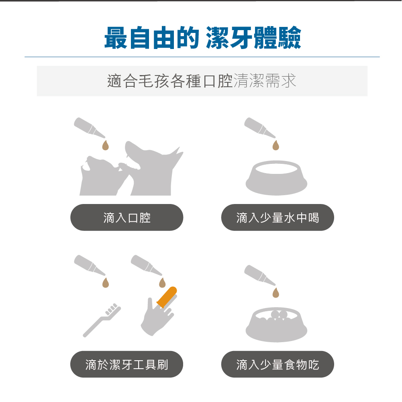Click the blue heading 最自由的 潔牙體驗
pyautogui.click(x=202, y=38)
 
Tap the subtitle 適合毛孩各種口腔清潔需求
pyautogui.click(x=202, y=81)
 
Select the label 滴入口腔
pyautogui.click(x=127, y=218)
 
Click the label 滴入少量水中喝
pyautogui.click(x=278, y=218)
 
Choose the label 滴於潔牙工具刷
pyautogui.click(x=127, y=365)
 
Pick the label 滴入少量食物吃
pyautogui.click(x=278, y=365)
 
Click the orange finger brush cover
pyautogui.click(x=167, y=296)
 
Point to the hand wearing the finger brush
pyautogui.click(x=157, y=317)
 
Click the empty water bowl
pyautogui.click(x=276, y=178)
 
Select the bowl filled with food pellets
pyautogui.click(x=276, y=325)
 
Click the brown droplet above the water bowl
pyautogui.click(x=275, y=145)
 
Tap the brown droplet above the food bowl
pyautogui.click(x=275, y=293)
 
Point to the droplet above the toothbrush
pyautogui.click(x=105, y=283)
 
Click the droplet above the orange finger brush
pyautogui.click(x=162, y=283)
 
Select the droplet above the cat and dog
pyautogui.click(x=105, y=145)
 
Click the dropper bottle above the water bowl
pyautogui.click(x=260, y=128)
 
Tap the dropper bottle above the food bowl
pyautogui.click(x=260, y=275)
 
